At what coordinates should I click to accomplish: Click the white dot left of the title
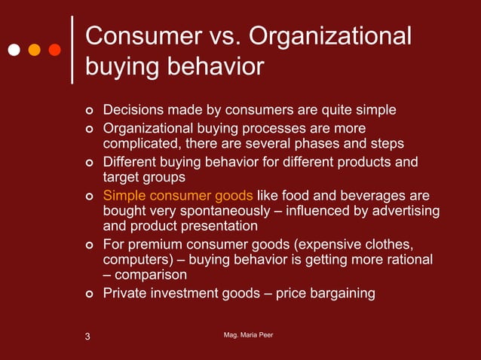14,50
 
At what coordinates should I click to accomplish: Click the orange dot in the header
34,50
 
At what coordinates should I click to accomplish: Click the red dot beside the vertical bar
54,50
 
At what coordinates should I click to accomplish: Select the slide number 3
87,336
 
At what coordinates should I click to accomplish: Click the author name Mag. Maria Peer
244,334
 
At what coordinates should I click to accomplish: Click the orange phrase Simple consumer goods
177,194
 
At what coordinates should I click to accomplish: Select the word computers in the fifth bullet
135,260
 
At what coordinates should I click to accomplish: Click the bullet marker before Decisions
88,111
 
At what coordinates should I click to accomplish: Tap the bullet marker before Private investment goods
88,294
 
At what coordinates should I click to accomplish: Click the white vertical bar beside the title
72,50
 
